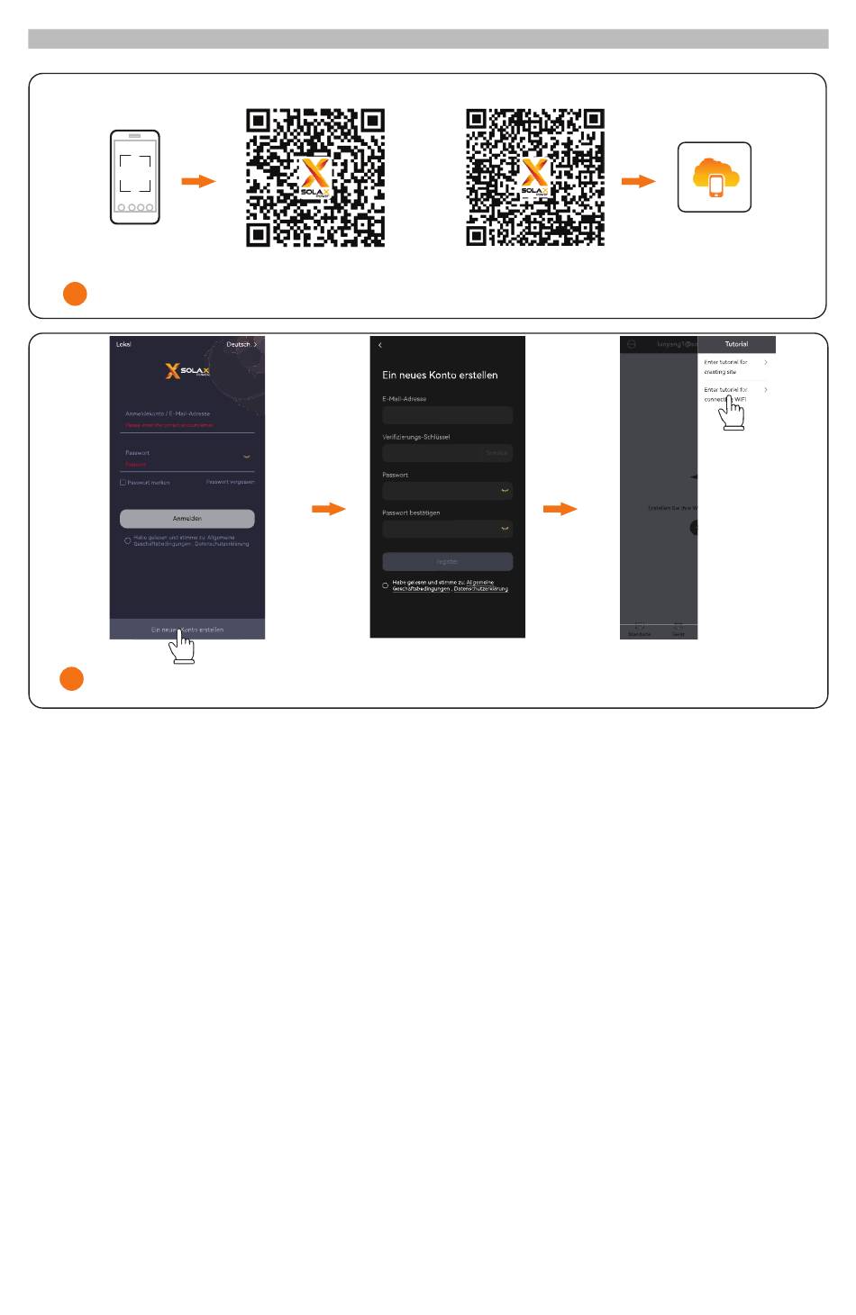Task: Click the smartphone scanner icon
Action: pos(135,177)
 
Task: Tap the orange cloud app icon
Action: pos(715,177)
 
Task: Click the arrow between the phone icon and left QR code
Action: pos(198,181)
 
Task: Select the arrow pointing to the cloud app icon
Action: pos(638,181)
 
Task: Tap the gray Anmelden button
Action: pos(187,519)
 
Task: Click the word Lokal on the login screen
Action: pos(123,345)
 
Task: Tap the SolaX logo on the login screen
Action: pos(187,370)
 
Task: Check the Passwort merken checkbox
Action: pos(123,483)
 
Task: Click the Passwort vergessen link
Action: pos(230,482)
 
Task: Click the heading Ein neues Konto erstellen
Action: pos(440,375)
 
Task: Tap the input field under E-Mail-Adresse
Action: pos(447,415)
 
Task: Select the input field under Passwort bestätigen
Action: pos(447,529)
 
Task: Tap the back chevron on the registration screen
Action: pos(380,346)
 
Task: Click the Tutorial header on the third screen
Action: pos(736,344)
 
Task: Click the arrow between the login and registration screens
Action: pos(329,509)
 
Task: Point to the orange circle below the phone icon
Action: pos(75,294)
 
